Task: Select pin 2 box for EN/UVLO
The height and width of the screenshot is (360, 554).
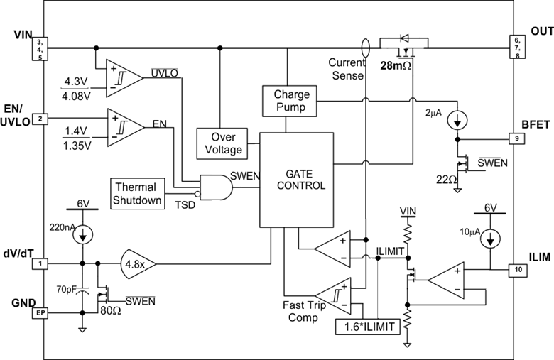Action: coord(41,119)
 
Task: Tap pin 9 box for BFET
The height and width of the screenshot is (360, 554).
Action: coord(516,138)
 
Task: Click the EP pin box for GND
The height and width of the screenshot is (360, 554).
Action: coord(41,312)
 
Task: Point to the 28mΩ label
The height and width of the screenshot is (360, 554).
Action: coord(396,65)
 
